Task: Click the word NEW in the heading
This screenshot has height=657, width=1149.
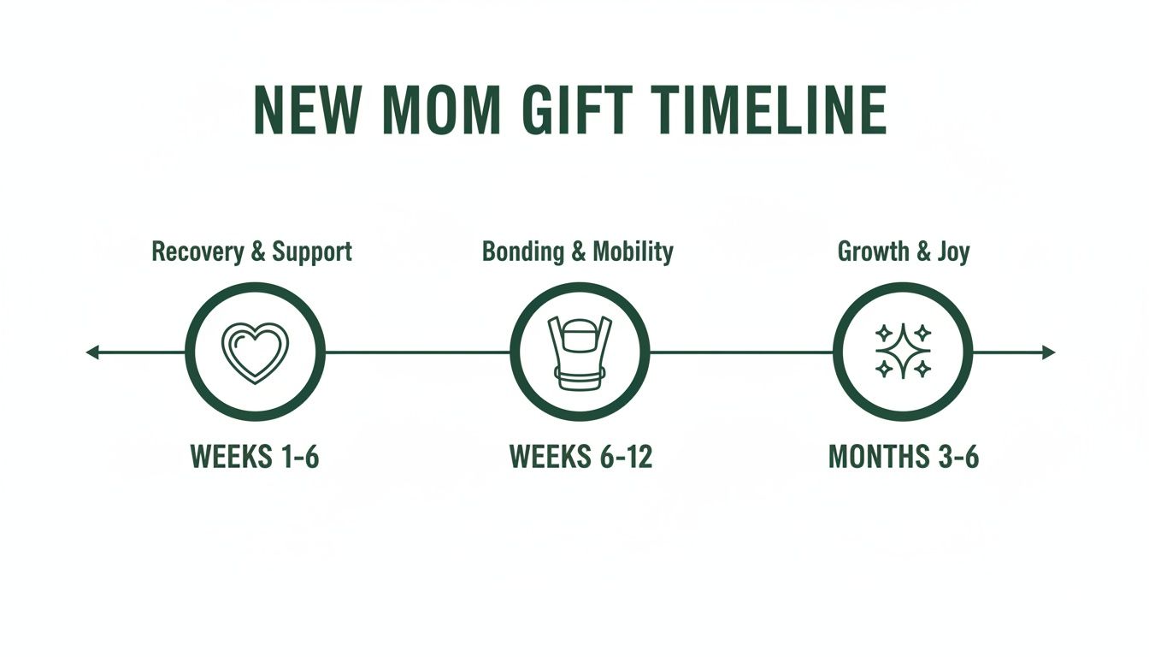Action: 303,110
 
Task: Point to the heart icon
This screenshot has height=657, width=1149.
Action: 255,352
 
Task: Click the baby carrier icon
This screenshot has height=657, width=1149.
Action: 580,352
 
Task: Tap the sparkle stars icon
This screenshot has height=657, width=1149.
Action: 903,352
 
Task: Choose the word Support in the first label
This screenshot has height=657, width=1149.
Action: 312,252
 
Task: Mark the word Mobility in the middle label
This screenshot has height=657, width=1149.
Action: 633,252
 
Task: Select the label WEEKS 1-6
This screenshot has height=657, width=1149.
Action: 255,457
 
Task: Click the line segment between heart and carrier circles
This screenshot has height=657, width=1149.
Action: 417,352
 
